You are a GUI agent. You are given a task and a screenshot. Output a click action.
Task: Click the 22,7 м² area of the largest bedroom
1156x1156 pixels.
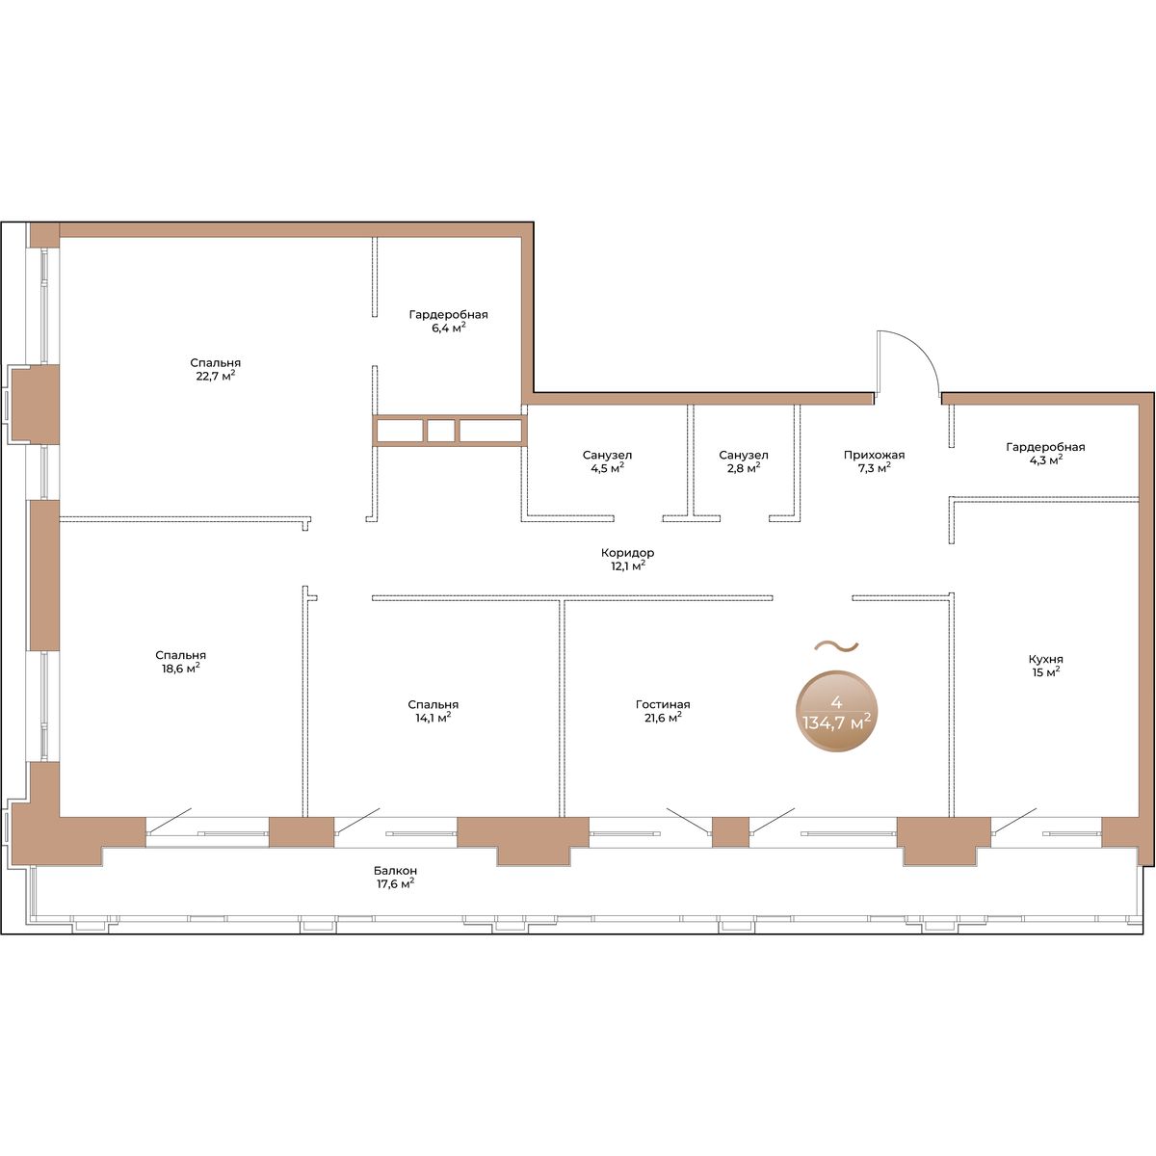[216, 376]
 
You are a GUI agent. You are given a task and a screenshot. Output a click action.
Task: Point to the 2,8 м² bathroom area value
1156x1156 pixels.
[744, 468]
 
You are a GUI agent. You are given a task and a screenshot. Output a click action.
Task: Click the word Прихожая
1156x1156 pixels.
[874, 455]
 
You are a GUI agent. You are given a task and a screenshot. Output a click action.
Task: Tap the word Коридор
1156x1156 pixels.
[627, 553]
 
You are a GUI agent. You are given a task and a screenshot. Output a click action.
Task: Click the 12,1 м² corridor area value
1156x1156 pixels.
[628, 565]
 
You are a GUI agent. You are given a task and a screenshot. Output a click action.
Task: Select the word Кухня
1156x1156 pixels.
[1045, 659]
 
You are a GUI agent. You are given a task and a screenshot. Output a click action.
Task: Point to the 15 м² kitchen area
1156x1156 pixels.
[1045, 671]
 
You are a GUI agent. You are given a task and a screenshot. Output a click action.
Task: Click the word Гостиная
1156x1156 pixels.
[663, 704]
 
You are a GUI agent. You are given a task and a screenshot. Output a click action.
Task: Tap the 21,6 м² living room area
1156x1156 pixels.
[663, 717]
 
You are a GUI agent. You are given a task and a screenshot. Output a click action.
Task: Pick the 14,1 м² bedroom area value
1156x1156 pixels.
[433, 717]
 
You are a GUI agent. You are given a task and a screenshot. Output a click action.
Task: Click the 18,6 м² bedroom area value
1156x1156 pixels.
[180, 669]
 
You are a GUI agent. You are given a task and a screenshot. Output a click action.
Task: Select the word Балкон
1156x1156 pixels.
[395, 871]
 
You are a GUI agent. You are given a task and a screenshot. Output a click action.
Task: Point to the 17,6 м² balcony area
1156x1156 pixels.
[395, 883]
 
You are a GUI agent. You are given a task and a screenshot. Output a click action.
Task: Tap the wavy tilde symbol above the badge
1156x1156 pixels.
[836, 646]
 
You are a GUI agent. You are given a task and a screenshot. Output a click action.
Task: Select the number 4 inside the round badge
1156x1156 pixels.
[836, 703]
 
